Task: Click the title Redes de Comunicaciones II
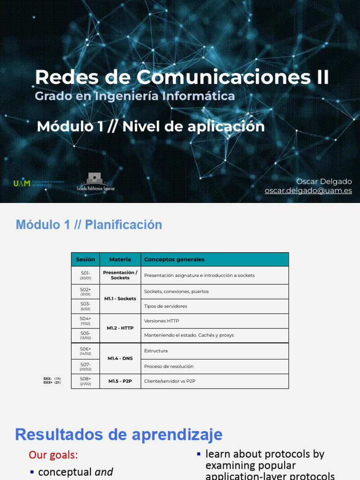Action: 182,77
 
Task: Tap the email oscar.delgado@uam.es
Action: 308,191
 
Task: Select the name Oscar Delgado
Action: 324,181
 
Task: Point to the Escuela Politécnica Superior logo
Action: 96,182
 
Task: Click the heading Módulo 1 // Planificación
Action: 89,225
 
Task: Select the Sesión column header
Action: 85,259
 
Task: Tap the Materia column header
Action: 120,259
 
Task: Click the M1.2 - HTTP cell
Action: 120,328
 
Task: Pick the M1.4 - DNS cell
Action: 120,359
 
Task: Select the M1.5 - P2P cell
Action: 120,381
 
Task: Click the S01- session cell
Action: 85,275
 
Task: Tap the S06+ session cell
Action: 85,351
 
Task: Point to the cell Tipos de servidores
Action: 165,306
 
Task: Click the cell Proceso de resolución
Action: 169,367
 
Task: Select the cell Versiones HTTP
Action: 161,321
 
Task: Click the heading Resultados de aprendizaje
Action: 119,435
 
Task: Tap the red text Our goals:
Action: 53,455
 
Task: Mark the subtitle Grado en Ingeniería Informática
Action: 135,96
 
